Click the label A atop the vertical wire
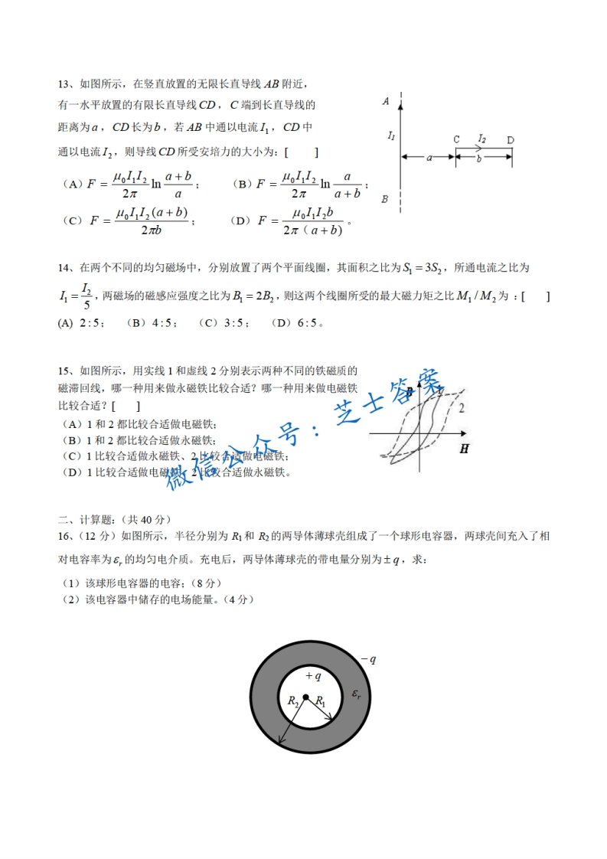click(x=387, y=101)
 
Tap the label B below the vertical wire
click(x=385, y=199)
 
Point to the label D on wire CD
click(x=510, y=140)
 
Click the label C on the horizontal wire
click(x=455, y=140)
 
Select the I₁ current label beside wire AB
click(x=391, y=136)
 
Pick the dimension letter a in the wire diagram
click(x=429, y=158)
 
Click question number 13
click(x=64, y=84)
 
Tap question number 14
click(x=64, y=268)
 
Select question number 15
click(x=64, y=370)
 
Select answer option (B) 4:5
click(x=152, y=323)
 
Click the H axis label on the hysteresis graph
click(x=464, y=449)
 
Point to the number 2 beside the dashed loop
click(x=462, y=408)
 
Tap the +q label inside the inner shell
click(x=312, y=676)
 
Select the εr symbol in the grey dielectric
click(x=357, y=694)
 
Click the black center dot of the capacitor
click(x=305, y=697)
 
